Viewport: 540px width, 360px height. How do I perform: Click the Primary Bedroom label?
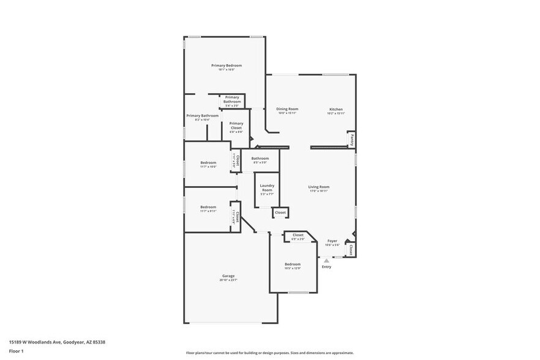pyautogui.click(x=227, y=66)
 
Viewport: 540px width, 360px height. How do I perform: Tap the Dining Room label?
pyautogui.click(x=287, y=109)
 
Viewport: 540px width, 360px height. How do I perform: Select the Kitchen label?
pyautogui.click(x=336, y=109)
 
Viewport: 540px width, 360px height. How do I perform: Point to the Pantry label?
pyautogui.click(x=351, y=140)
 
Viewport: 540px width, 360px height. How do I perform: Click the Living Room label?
pyautogui.click(x=318, y=187)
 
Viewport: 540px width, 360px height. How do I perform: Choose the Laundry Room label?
pyautogui.click(x=267, y=187)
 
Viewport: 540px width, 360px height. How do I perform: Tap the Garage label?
pyautogui.click(x=228, y=276)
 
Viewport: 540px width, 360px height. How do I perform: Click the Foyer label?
pyautogui.click(x=332, y=241)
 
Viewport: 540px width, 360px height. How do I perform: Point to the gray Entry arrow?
pyautogui.click(x=326, y=260)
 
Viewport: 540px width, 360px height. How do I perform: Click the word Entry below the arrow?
pyautogui.click(x=326, y=266)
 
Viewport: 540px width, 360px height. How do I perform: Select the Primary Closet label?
pyautogui.click(x=236, y=126)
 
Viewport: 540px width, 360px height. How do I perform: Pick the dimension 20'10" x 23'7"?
pyautogui.click(x=228, y=280)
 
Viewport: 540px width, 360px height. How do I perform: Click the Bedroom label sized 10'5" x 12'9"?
pyautogui.click(x=293, y=264)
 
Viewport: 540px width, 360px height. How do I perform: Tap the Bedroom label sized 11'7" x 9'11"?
pyautogui.click(x=208, y=207)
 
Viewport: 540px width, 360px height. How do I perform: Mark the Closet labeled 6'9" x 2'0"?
pyautogui.click(x=298, y=235)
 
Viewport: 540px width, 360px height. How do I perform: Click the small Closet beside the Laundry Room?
pyautogui.click(x=280, y=212)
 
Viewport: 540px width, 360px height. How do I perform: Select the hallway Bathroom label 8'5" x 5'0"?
pyautogui.click(x=260, y=159)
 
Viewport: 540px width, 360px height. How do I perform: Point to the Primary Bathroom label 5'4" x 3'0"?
pyautogui.click(x=232, y=99)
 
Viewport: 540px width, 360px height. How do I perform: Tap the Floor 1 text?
pyautogui.click(x=16, y=351)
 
